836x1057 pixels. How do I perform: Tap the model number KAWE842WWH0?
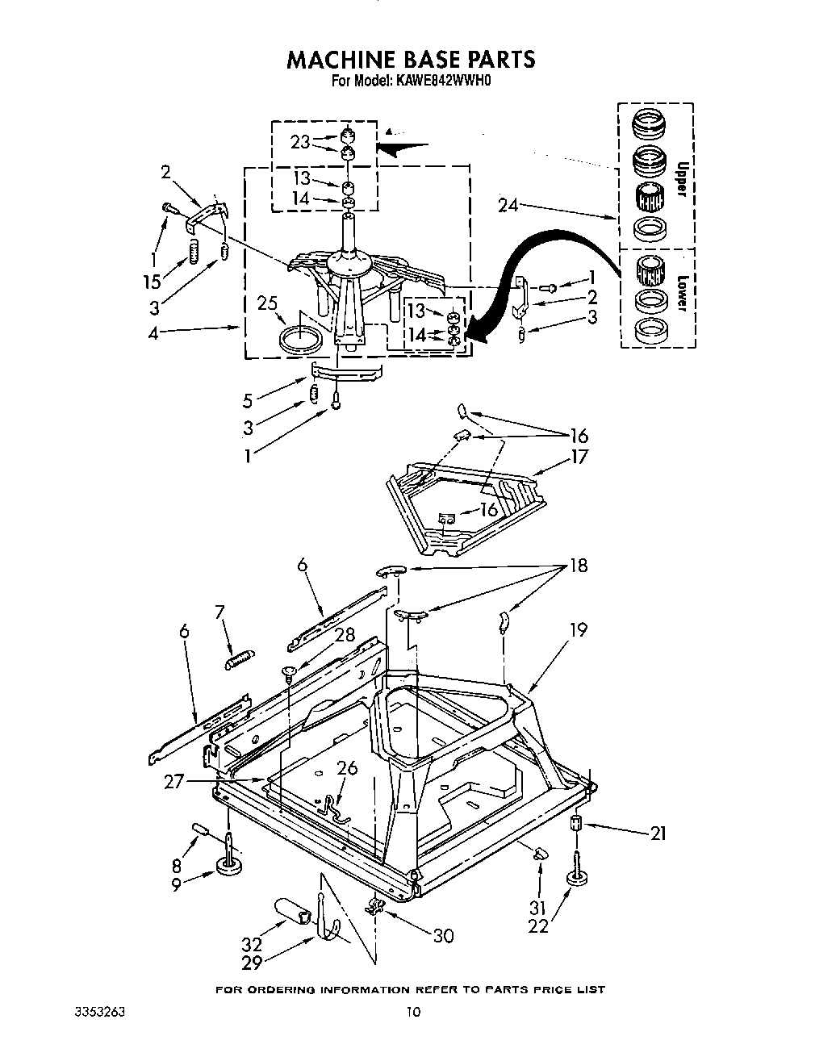[x=452, y=81]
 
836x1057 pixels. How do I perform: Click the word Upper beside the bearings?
[x=681, y=177]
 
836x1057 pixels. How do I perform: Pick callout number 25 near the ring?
[x=268, y=303]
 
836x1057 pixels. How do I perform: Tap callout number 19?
[x=579, y=629]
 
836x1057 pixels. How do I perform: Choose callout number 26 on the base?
[x=347, y=768]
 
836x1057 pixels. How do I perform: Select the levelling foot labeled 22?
[x=576, y=878]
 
